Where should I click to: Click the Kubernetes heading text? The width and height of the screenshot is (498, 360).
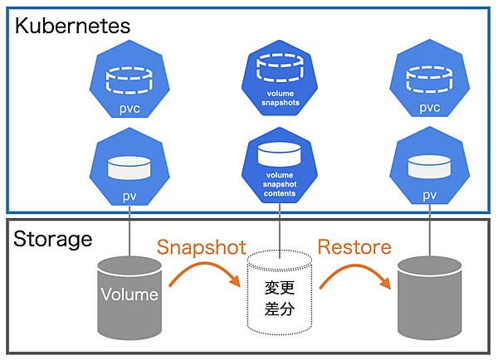coord(73,25)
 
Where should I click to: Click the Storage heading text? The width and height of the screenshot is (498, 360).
coord(53,240)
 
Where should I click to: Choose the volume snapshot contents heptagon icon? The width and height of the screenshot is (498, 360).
coord(280,167)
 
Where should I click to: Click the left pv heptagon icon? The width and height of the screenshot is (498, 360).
coord(128,169)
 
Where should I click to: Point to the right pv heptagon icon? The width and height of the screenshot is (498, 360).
coord(429,169)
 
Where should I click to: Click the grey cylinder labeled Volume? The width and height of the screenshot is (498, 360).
coord(129,299)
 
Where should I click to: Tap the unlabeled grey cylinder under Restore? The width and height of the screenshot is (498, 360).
coord(430,299)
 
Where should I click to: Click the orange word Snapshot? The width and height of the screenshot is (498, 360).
coord(202,246)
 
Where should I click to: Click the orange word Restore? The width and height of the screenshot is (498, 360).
coord(354,246)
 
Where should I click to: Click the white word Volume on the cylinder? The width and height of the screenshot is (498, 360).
coord(129,294)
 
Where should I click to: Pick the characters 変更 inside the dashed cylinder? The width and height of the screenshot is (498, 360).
coord(280,287)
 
